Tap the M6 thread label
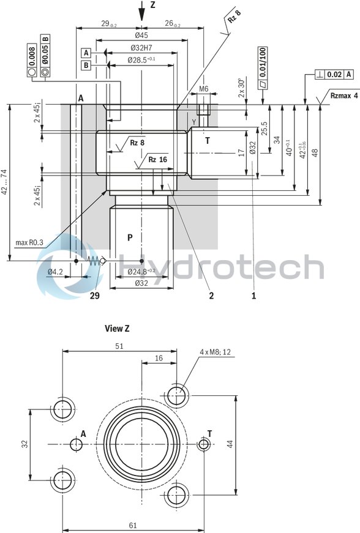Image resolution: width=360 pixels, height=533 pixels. click(204, 89)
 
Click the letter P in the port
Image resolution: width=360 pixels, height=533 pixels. click(129, 237)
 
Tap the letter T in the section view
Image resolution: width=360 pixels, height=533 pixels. click(208, 141)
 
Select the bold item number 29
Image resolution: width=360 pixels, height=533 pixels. click(94, 296)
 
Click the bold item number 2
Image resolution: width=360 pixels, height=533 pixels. click(211, 296)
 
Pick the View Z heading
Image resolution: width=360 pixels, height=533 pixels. click(117, 329)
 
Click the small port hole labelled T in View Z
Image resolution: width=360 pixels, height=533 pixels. click(203, 444)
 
